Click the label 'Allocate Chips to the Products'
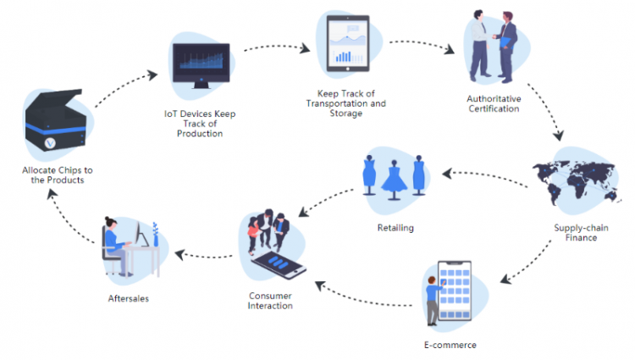click(x=58, y=174)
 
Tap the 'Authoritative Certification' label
click(x=494, y=103)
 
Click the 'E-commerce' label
click(x=450, y=345)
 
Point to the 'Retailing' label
click(x=395, y=228)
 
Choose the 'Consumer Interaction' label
click(x=270, y=300)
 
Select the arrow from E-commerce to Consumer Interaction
click(x=364, y=295)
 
